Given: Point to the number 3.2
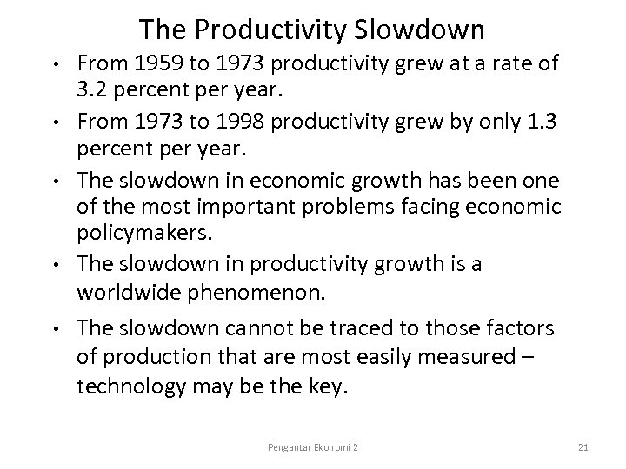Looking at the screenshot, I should pyautogui.click(x=94, y=89).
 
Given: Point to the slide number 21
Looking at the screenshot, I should pyautogui.click(x=584, y=445).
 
